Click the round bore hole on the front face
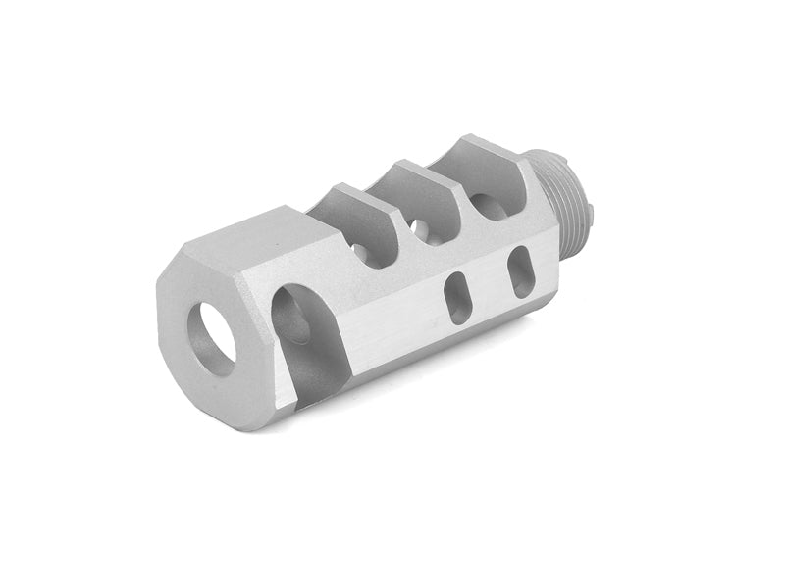click(211, 337)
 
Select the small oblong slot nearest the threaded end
click(520, 268)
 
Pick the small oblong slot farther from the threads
click(457, 296)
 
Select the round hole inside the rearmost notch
click(483, 206)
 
